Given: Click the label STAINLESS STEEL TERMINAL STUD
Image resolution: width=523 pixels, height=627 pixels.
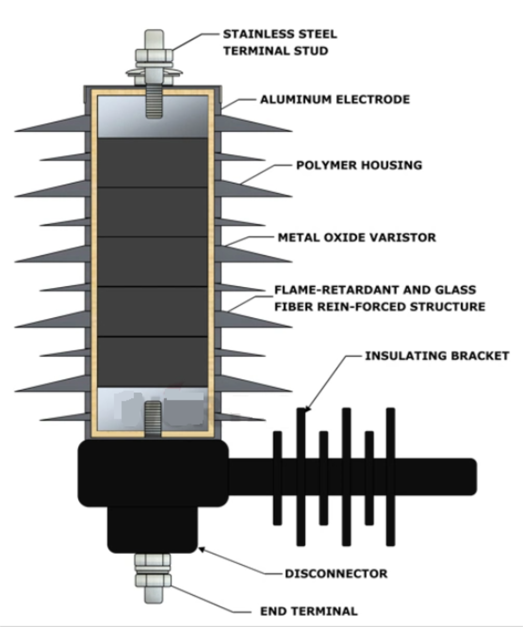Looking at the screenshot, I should (x=279, y=43).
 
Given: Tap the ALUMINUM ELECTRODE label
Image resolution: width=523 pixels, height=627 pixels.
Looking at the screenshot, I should (x=335, y=100).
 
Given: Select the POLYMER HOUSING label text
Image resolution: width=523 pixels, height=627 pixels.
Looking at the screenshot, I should (x=359, y=165).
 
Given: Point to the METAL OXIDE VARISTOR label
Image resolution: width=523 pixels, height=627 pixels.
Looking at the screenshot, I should (x=356, y=238).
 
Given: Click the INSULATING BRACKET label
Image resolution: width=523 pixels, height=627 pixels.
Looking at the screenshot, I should (x=437, y=356).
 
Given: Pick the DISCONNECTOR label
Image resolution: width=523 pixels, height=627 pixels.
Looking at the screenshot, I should (x=336, y=574).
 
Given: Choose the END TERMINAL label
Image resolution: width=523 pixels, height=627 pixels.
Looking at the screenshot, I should (x=309, y=611).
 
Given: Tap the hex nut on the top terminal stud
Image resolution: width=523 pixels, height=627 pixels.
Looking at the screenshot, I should (x=154, y=54).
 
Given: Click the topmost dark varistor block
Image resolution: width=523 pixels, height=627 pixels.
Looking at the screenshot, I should (x=153, y=163).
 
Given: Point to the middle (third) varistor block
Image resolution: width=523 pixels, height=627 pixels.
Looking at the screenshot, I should (x=153, y=262).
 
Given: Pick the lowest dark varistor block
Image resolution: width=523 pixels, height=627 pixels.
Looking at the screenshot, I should (x=153, y=361).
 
